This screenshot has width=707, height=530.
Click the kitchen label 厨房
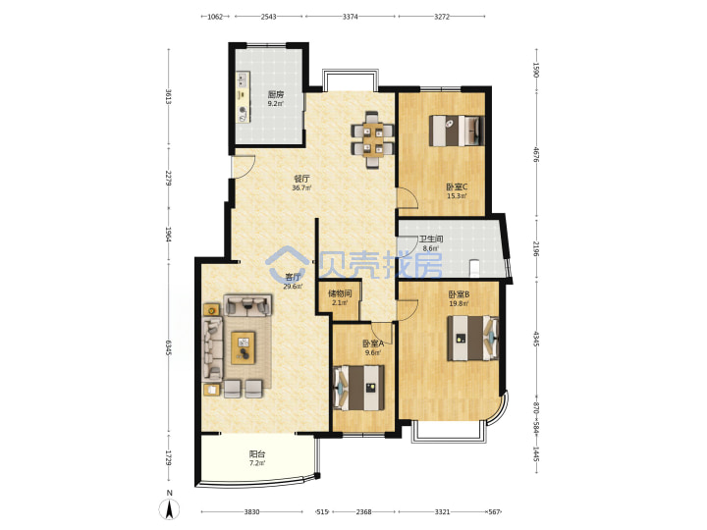(276, 94)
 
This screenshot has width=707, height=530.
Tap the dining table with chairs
(372, 139)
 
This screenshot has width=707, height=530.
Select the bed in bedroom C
(457, 131)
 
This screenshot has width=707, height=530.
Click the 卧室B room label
(459, 294)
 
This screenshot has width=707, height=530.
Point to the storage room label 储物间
(340, 293)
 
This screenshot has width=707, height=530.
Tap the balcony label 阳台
(257, 454)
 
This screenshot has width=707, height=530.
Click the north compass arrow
(170, 509)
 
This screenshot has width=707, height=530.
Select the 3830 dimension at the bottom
(251, 512)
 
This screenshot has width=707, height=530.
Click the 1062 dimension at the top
(215, 17)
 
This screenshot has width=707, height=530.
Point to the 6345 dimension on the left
(168, 347)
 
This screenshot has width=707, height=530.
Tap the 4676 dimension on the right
(536, 155)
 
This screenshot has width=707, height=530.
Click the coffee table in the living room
(244, 347)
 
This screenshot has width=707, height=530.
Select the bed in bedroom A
(359, 388)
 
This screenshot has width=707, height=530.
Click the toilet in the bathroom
(474, 269)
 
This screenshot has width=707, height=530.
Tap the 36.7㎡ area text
(300, 187)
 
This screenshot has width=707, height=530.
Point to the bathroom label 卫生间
(431, 239)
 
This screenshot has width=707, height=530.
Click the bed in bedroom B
(473, 338)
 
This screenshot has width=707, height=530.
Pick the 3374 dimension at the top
(351, 17)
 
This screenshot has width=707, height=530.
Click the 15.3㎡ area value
(457, 196)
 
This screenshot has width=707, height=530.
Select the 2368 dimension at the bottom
(364, 512)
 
